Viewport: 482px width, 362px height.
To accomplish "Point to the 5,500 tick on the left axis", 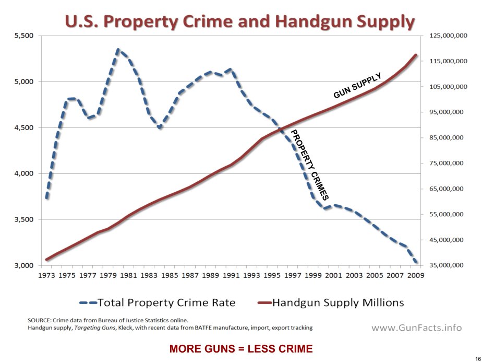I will [x=23, y=36].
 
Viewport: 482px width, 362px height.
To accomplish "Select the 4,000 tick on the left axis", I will [x=23, y=174].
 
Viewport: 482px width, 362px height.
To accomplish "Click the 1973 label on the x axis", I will [x=47, y=275].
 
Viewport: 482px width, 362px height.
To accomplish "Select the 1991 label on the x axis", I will [x=231, y=275].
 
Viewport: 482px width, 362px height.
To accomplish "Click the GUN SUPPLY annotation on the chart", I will [x=358, y=86].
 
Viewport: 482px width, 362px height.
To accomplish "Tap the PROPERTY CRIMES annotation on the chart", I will [x=309, y=165].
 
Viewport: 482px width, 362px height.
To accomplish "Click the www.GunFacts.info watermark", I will [x=416, y=328].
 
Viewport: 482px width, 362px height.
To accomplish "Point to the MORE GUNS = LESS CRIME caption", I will [x=241, y=348].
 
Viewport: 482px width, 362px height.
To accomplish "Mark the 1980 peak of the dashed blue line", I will [x=118, y=50].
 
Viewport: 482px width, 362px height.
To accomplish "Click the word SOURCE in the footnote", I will [x=40, y=320].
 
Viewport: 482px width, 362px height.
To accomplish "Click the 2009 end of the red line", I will [x=416, y=55].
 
